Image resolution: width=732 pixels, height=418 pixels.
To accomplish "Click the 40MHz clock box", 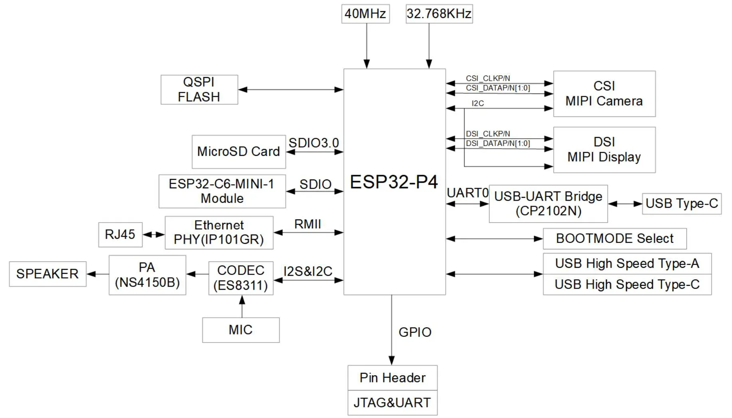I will tap(365, 14).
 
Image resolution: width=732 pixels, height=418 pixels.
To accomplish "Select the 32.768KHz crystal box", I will tap(439, 14).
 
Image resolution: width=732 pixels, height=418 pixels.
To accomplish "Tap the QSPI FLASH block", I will tap(199, 90).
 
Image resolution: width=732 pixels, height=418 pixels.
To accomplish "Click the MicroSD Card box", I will tap(239, 151).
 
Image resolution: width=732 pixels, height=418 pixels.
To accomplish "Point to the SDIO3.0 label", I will tap(313, 143).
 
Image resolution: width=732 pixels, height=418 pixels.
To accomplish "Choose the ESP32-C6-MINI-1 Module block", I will tap(222, 191).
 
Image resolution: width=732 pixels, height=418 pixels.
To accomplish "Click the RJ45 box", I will tap(120, 234).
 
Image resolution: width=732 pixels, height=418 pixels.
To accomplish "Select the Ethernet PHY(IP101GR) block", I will tap(219, 233).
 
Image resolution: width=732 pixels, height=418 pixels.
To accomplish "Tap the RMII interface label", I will tap(307, 224).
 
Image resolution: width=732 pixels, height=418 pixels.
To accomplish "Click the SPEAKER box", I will tap(48, 274).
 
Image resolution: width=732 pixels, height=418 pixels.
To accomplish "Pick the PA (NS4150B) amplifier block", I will tap(147, 275).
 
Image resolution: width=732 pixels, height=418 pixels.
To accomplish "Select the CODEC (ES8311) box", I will tap(241, 278).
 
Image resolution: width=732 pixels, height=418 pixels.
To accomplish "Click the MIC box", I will tap(241, 330).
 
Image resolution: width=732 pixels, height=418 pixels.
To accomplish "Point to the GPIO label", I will tap(415, 332).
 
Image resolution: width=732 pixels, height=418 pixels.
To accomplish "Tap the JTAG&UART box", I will tap(392, 403).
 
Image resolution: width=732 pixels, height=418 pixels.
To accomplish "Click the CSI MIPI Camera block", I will tap(604, 94).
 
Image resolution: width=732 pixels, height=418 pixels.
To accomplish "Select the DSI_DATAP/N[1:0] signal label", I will tap(498, 143).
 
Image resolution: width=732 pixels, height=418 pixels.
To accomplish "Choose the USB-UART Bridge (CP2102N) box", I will tap(548, 204).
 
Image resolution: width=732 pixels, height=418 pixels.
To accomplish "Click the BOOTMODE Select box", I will tap(614, 239).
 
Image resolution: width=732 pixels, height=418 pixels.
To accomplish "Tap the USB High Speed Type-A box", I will tap(627, 264).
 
